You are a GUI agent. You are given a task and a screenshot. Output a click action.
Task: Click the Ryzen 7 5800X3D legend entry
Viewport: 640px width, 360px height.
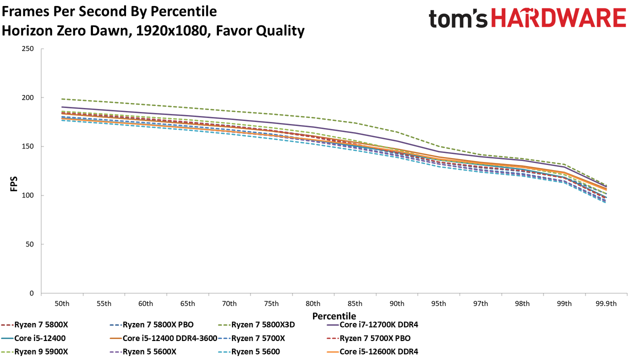256,325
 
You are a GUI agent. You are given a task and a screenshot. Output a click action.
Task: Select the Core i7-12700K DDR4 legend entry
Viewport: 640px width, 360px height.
372,325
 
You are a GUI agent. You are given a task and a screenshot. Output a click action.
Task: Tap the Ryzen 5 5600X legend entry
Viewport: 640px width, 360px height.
143,351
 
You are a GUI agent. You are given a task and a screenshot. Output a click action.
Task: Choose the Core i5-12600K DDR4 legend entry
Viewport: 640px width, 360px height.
372,351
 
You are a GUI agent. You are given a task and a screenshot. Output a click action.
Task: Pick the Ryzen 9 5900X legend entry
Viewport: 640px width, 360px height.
34,351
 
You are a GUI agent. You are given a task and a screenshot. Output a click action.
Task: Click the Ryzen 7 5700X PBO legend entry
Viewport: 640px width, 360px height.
368,338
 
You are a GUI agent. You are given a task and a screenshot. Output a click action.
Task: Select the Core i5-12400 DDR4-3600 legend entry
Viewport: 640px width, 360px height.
163,338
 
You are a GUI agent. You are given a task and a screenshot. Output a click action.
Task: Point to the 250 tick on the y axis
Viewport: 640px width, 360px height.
27,49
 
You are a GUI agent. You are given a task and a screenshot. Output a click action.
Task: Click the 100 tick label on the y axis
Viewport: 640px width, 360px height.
27,195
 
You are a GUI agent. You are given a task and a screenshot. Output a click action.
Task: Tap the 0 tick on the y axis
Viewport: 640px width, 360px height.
31,293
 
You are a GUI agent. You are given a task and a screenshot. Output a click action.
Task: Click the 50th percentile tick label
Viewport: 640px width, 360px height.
62,303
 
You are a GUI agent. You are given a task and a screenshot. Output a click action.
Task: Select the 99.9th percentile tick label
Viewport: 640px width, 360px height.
606,303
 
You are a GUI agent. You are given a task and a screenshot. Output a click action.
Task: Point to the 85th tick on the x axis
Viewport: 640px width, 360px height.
355,303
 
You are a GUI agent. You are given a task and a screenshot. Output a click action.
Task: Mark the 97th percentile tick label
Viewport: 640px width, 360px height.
480,303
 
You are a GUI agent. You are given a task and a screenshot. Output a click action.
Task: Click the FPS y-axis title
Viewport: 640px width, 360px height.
13,184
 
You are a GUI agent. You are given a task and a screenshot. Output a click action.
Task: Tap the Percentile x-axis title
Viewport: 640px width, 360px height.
334,316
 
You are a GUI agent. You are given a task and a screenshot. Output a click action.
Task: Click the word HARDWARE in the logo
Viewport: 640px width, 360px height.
558,17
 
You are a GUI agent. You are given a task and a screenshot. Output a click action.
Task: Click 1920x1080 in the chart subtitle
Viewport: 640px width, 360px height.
171,31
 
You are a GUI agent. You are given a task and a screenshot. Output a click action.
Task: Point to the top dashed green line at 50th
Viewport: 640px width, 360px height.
62,99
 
